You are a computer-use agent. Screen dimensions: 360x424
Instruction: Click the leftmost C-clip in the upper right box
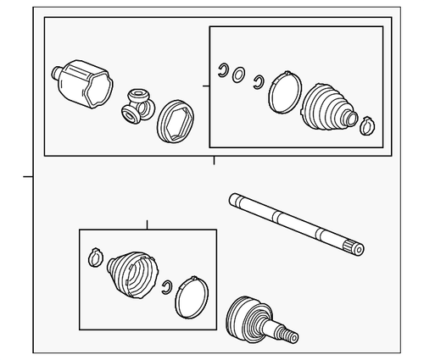click(x=223, y=69)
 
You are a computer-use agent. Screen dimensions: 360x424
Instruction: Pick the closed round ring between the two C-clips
click(x=240, y=75)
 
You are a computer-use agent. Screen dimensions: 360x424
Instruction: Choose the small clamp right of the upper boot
click(x=366, y=127)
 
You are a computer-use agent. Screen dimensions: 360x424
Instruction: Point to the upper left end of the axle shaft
click(x=235, y=201)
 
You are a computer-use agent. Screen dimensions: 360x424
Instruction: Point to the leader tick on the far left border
click(x=28, y=177)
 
